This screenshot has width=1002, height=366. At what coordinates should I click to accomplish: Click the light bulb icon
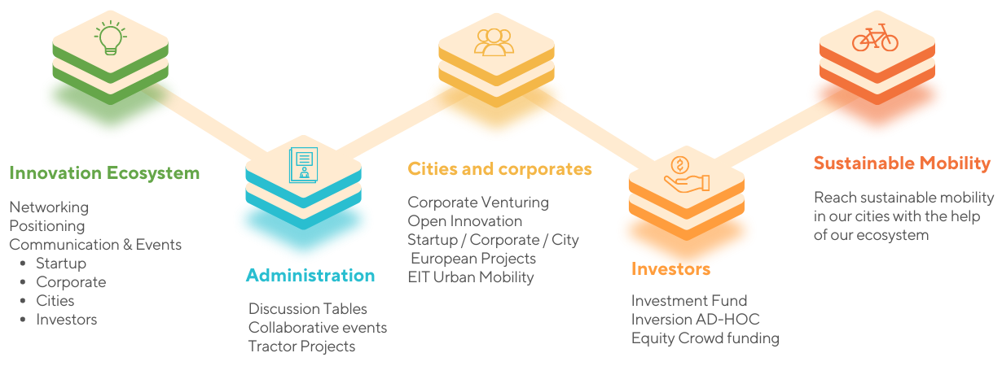tap(111, 38)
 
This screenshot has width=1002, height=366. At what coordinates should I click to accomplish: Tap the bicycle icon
tap(875, 37)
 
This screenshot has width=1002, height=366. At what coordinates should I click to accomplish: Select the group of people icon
tap(494, 42)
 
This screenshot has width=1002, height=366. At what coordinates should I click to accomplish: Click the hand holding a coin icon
tap(687, 174)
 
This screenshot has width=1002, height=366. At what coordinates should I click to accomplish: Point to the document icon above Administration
tap(304, 164)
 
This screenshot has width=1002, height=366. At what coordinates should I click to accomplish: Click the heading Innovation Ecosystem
tap(104, 173)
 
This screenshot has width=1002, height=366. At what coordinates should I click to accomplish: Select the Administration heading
tap(310, 276)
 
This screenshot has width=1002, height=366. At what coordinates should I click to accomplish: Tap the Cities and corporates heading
tap(499, 169)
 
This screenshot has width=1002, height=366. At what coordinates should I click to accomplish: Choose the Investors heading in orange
tap(670, 269)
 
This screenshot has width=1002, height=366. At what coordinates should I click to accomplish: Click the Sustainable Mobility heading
tap(902, 163)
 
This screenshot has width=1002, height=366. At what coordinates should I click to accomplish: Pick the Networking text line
tap(49, 207)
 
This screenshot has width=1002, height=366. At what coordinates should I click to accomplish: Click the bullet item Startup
tap(61, 264)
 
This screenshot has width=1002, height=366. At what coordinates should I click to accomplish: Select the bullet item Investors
tap(66, 320)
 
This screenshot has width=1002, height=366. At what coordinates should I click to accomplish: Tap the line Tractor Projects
tap(301, 346)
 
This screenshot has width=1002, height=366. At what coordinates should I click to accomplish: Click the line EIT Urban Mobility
tap(471, 277)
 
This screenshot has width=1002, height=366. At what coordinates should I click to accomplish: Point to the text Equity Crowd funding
tap(705, 338)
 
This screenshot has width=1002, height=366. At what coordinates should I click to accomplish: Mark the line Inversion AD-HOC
tap(695, 320)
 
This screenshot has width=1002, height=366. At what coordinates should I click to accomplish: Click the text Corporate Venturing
tap(477, 203)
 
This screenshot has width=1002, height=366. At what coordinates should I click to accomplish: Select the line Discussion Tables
tap(307, 309)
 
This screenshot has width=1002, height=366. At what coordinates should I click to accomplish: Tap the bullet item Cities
tap(55, 301)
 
